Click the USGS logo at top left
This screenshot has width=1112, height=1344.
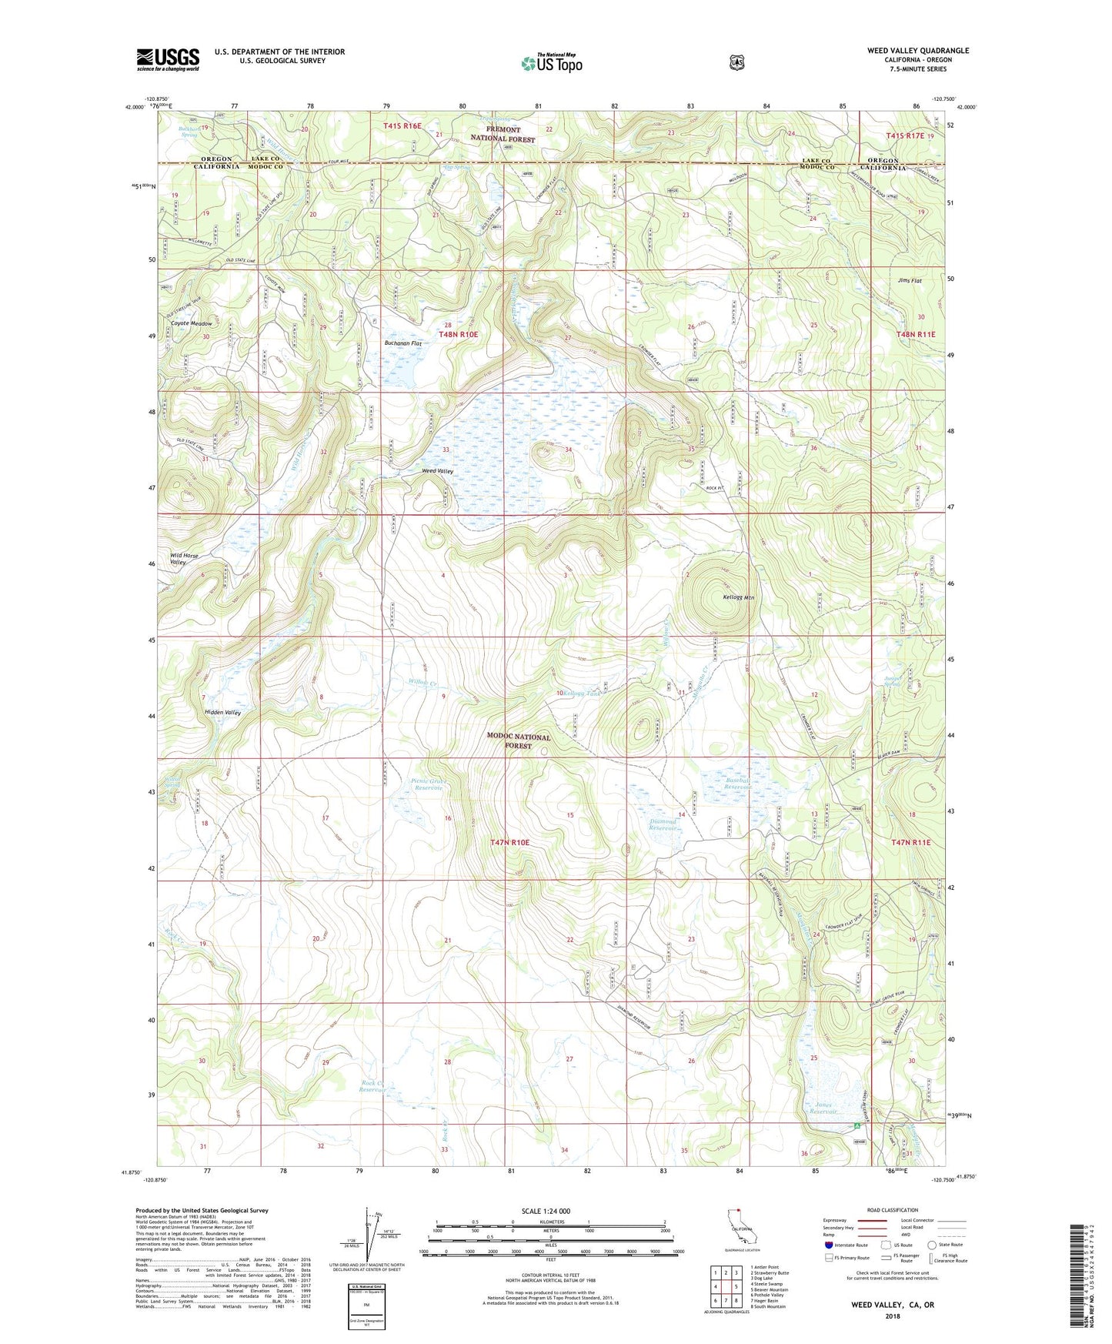pos(168,59)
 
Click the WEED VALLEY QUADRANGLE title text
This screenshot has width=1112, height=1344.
pos(917,51)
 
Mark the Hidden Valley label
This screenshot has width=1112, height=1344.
pos(222,713)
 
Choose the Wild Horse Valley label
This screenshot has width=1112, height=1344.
pos(179,558)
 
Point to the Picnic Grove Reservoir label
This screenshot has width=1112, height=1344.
pos(428,784)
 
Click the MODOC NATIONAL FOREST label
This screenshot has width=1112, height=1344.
pos(518,741)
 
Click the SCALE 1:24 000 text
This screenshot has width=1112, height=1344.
pos(546,1211)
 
